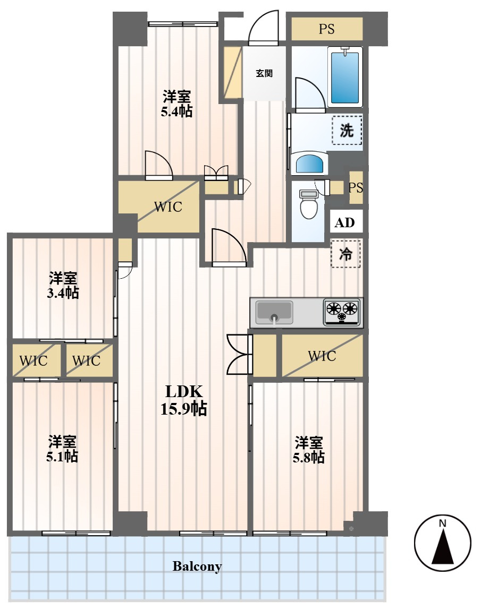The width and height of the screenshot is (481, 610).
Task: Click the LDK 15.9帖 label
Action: tap(183, 400)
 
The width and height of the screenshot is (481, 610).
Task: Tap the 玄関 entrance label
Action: tap(264, 73)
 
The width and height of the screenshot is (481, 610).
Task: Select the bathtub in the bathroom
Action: tap(345, 77)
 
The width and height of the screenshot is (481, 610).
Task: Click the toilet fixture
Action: tap(309, 204)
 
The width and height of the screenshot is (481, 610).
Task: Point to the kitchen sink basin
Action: tap(274, 312)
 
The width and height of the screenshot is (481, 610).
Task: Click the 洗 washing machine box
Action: tap(347, 130)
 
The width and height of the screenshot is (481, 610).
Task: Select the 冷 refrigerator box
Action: tap(345, 254)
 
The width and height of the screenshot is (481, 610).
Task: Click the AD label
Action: tap(345, 222)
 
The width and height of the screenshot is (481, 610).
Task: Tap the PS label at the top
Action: tap(327, 29)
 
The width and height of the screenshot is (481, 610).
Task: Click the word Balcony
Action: tap(197, 566)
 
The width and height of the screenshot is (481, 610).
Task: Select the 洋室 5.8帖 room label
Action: tap(308, 450)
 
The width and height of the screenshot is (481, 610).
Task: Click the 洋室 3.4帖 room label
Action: tap(63, 285)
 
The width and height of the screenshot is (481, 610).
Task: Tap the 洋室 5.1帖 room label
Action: tap(62, 449)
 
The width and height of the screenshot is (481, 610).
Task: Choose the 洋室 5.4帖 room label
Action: tap(177, 104)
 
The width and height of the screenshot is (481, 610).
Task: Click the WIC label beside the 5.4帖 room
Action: tap(168, 207)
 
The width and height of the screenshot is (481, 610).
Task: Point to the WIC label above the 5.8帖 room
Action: tap(322, 356)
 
